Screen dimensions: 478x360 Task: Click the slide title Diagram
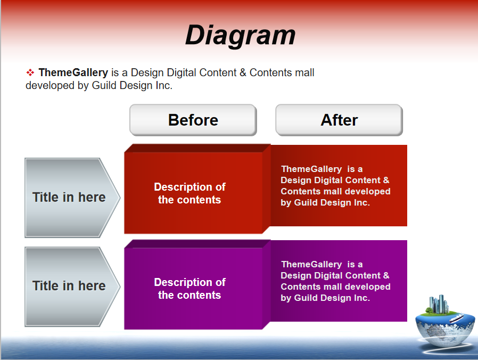point(241,35)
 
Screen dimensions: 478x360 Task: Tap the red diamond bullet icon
point(30,72)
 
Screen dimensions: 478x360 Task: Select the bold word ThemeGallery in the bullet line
point(73,72)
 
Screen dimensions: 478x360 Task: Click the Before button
point(193,120)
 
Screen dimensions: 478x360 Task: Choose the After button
point(339,120)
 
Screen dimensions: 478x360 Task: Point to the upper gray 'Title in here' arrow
point(72,198)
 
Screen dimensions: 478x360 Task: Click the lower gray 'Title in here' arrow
point(72,287)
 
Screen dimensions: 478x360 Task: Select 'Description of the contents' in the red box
point(189,193)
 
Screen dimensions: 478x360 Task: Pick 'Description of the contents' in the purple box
point(189,289)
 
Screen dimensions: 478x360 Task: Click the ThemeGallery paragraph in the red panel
point(335,185)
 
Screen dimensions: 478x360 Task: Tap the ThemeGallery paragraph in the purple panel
point(335,281)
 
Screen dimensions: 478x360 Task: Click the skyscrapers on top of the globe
point(439,304)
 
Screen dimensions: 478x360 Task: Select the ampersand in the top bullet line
point(243,72)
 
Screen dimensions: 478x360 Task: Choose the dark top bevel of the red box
point(197,148)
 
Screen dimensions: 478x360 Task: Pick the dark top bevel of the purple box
point(197,244)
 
